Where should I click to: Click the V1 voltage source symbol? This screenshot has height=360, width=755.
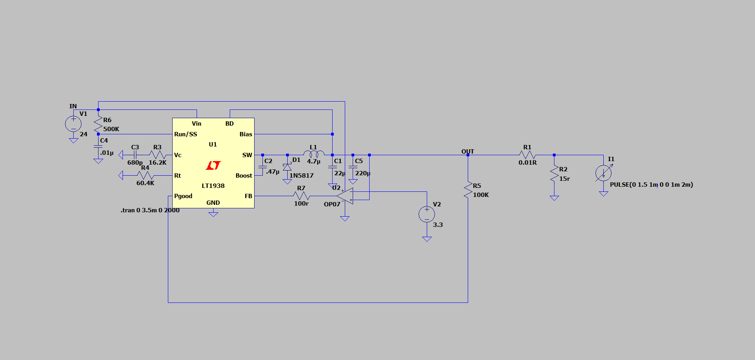[x=73, y=124]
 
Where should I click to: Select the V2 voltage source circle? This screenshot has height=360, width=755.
[x=427, y=214]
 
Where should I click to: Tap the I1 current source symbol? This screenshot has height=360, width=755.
[x=603, y=173]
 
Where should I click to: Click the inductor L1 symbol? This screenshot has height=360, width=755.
[x=314, y=154]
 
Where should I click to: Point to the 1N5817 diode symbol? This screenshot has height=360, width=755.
[x=287, y=167]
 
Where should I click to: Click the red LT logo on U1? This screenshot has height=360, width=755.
[x=213, y=165]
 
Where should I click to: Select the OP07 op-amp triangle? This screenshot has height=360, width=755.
[x=345, y=196]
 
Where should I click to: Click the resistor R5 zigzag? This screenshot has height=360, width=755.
[x=468, y=190]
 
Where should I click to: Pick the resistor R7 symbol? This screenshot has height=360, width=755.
[x=301, y=196]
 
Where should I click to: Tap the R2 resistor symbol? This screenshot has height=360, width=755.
[x=554, y=174]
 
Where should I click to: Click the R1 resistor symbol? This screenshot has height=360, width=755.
[x=527, y=155]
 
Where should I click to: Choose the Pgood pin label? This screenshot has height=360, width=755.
[x=183, y=196]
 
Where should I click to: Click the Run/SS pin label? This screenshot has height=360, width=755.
[x=186, y=134]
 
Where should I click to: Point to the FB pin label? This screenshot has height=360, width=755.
[x=248, y=196]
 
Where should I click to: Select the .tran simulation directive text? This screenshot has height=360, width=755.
[x=150, y=210]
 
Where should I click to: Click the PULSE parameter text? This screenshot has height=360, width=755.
[x=651, y=185]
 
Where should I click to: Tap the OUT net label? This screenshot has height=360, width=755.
[x=468, y=152]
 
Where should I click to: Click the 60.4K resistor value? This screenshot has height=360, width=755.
[x=145, y=183]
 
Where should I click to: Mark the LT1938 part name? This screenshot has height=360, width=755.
[x=213, y=186]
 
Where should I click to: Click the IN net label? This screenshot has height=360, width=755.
[x=73, y=106]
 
